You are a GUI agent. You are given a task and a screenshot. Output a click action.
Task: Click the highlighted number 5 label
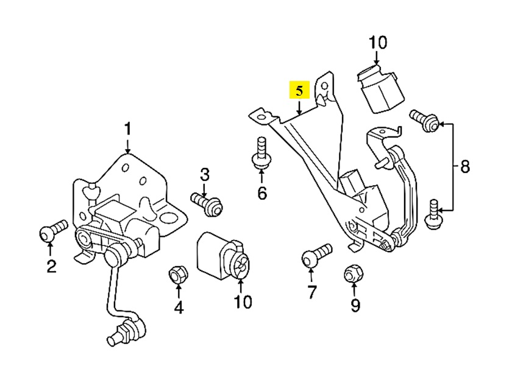click(300, 91)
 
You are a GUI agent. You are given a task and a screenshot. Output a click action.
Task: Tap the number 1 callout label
click(128, 129)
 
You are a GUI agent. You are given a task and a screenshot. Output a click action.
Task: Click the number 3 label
click(178, 308)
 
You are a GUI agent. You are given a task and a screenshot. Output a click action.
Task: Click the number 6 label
click(261, 193)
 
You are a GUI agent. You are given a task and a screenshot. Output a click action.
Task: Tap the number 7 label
click(311, 292)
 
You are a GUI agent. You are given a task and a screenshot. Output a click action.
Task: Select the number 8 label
click(465, 167)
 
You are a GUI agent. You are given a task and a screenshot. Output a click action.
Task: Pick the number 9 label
click(355, 304)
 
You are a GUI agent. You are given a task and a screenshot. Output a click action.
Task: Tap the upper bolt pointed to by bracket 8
click(424, 121)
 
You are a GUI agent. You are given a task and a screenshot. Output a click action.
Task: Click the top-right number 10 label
click(377, 43)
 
